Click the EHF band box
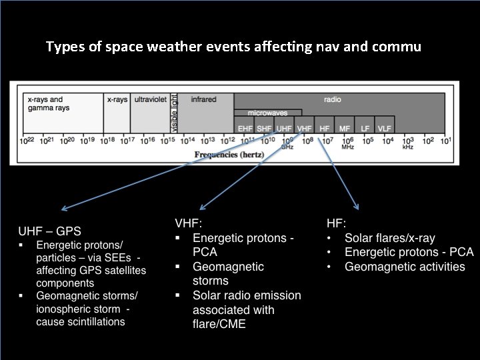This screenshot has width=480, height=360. (x=245, y=127)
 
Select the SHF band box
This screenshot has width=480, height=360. (x=265, y=127)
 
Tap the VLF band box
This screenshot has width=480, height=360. (x=385, y=127)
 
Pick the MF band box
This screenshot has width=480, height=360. (x=345, y=127)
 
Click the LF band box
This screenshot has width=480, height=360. (x=365, y=127)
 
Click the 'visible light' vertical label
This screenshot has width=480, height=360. (x=174, y=113)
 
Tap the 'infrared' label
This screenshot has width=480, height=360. (x=203, y=99)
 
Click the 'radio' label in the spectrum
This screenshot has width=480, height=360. (x=332, y=99)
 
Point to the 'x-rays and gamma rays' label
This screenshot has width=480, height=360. (x=45, y=103)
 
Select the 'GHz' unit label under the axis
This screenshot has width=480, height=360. (x=287, y=147)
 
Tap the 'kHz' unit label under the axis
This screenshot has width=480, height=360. (x=408, y=147)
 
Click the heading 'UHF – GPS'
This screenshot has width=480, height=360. (x=49, y=232)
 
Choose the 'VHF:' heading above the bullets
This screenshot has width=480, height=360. (x=189, y=223)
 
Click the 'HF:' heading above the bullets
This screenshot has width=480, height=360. (x=336, y=223)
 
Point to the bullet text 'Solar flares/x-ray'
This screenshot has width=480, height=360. (x=389, y=237)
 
